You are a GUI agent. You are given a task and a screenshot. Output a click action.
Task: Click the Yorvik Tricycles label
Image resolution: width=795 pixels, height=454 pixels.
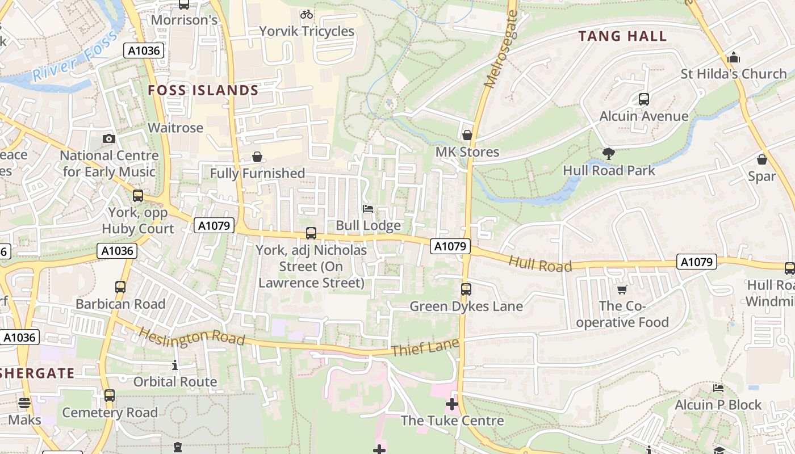click(x=307, y=31)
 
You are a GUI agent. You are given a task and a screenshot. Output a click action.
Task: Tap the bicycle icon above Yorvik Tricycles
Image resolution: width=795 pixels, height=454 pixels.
click(x=307, y=14)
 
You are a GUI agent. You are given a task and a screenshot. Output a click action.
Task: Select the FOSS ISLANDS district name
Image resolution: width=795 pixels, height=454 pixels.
click(x=203, y=90)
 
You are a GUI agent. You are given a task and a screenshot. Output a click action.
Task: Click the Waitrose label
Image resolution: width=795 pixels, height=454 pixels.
click(x=175, y=128)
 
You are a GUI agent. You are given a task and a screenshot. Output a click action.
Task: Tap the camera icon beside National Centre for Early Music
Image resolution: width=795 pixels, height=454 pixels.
click(x=109, y=139)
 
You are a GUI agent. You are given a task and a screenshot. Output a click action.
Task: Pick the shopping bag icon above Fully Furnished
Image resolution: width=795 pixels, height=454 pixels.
click(x=257, y=157)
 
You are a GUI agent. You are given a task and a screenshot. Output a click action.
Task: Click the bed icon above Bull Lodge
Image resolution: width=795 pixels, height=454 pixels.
click(x=368, y=209)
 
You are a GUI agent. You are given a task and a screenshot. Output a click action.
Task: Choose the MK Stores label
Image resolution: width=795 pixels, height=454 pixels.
click(x=467, y=152)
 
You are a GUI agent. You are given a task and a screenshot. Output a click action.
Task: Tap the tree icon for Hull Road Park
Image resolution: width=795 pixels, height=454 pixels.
click(x=609, y=153)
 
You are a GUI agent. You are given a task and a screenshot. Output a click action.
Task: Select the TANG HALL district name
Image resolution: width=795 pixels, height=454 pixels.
click(x=622, y=36)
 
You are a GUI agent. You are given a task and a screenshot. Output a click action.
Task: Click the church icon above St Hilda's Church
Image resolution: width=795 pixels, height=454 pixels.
click(x=734, y=57)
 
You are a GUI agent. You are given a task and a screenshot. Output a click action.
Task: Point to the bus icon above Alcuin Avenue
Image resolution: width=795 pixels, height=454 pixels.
click(x=644, y=99)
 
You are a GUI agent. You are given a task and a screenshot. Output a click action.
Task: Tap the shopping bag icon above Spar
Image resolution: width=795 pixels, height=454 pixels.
click(x=762, y=159)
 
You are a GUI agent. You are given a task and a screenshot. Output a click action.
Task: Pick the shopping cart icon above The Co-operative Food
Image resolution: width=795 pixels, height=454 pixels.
click(x=622, y=290)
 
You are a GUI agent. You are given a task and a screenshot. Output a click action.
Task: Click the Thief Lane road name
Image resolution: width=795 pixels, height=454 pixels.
click(x=425, y=347)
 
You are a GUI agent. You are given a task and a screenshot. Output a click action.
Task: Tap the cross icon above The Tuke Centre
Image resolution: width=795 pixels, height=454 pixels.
click(x=452, y=404)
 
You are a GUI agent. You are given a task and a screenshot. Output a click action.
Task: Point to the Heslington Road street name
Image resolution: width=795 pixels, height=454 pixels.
click(x=191, y=337)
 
